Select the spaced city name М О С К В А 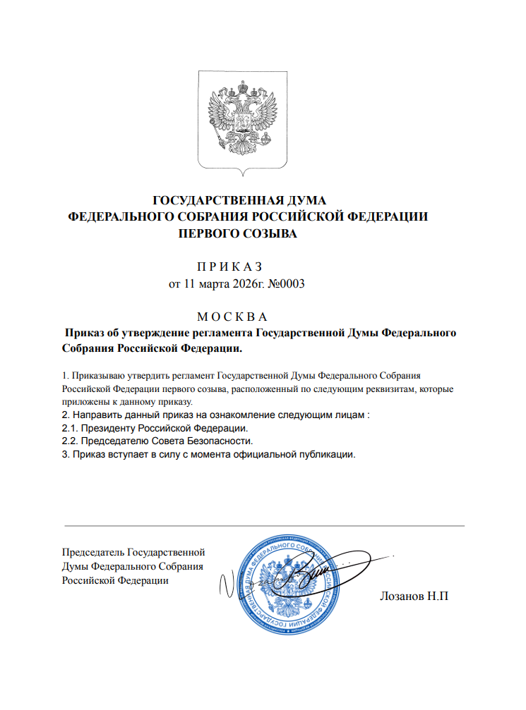point(231,317)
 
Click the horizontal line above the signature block point(264,526)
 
